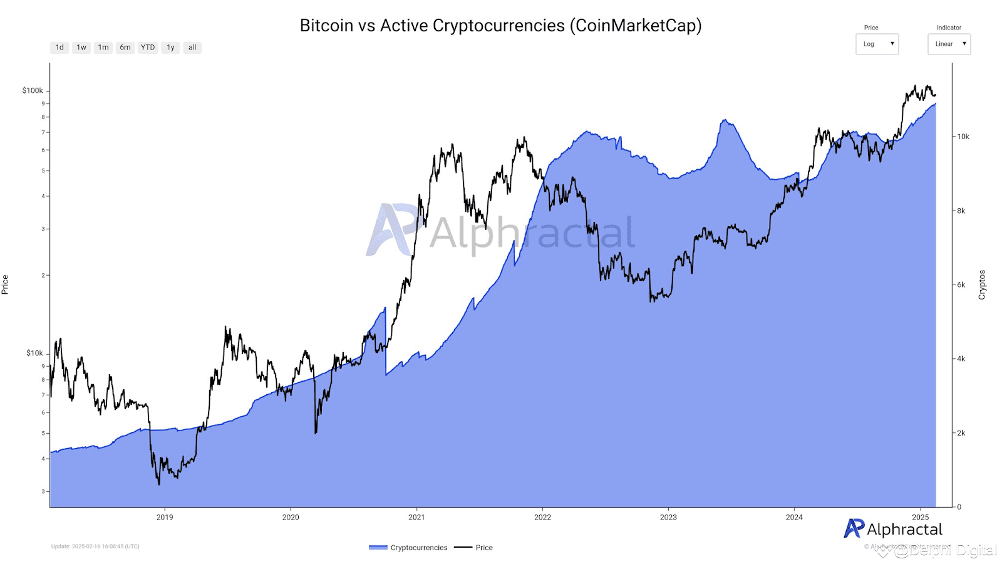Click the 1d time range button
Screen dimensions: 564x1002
(x=59, y=48)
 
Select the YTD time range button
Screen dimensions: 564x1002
(x=148, y=48)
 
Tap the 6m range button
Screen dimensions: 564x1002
(x=125, y=48)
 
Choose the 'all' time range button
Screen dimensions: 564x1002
(x=192, y=48)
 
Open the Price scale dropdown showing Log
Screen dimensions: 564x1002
(x=877, y=44)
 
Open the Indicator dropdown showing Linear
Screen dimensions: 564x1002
(x=949, y=44)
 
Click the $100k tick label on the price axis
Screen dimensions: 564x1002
(x=33, y=91)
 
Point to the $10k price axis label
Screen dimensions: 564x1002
(x=34, y=353)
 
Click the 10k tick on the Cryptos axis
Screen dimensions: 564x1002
(x=963, y=137)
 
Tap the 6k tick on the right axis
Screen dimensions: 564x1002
(x=961, y=285)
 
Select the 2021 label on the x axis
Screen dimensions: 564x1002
(x=416, y=518)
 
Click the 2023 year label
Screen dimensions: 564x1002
(x=668, y=518)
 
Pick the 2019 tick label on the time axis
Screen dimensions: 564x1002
(x=165, y=518)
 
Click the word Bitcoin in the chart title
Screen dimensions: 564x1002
(x=326, y=26)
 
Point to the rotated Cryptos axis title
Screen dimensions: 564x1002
(x=982, y=285)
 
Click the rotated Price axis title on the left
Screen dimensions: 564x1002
(x=5, y=285)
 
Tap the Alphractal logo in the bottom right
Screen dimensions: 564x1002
(x=893, y=530)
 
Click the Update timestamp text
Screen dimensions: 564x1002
(x=95, y=546)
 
